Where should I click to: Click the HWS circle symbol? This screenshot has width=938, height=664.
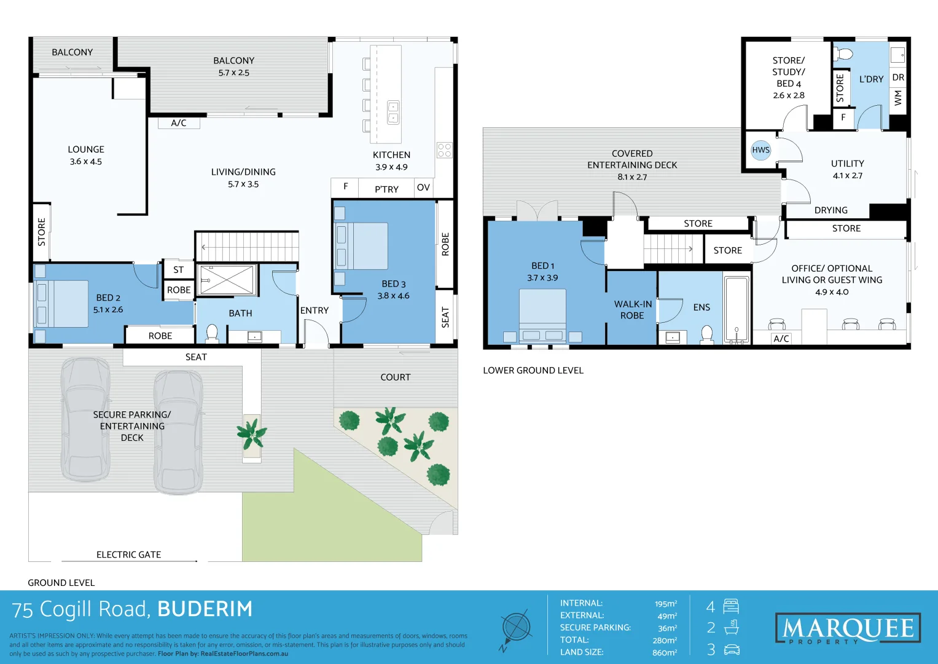pyautogui.click(x=760, y=150)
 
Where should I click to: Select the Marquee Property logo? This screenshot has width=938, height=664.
pyautogui.click(x=848, y=628)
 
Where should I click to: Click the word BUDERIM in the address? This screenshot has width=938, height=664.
pyautogui.click(x=205, y=609)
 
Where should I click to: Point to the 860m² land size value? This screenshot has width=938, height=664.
pyautogui.click(x=665, y=653)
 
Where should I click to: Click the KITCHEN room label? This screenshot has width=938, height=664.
pyautogui.click(x=391, y=155)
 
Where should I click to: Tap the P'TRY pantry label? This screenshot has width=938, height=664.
pyautogui.click(x=386, y=189)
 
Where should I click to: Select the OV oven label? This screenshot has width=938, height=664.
pyautogui.click(x=423, y=188)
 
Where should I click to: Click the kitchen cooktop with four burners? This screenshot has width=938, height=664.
pyautogui.click(x=444, y=150)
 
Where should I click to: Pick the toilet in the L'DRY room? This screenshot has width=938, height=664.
pyautogui.click(x=843, y=54)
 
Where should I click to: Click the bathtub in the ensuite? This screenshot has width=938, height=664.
pyautogui.click(x=737, y=309)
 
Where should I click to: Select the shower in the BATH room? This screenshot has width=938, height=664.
pyautogui.click(x=227, y=280)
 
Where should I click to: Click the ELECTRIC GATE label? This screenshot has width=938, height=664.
pyautogui.click(x=128, y=555)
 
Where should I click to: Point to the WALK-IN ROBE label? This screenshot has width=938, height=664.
pyautogui.click(x=633, y=310)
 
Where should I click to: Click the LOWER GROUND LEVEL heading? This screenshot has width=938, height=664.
pyautogui.click(x=533, y=371)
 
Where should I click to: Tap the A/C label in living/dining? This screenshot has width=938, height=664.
pyautogui.click(x=178, y=123)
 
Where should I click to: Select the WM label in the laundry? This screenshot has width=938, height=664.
pyautogui.click(x=897, y=98)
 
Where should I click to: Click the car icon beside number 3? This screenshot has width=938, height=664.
pyautogui.click(x=732, y=650)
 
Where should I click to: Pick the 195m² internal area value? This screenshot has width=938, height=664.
pyautogui.click(x=666, y=604)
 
